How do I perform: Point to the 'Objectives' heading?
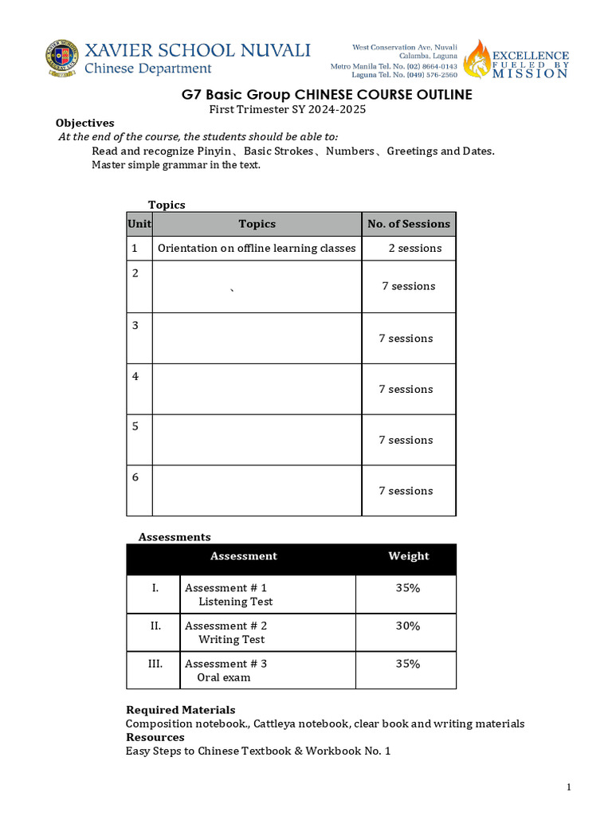click(84, 123)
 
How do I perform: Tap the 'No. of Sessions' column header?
click(409, 224)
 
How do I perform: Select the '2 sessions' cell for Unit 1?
click(414, 248)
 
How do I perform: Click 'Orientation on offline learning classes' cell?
click(257, 248)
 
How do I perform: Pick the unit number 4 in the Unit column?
click(135, 376)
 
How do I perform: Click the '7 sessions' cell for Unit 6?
click(406, 491)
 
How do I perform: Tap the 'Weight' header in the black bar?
click(408, 556)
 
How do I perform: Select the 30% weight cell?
click(408, 626)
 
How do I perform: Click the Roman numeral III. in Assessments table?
click(155, 663)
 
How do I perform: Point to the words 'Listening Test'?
click(235, 602)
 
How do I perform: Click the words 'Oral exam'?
click(223, 677)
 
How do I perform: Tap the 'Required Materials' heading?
click(181, 709)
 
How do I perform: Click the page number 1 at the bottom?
click(569, 787)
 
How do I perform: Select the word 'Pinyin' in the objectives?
click(214, 151)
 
